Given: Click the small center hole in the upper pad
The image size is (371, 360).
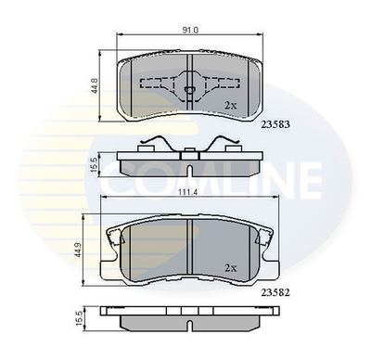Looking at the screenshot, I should (189, 91).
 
